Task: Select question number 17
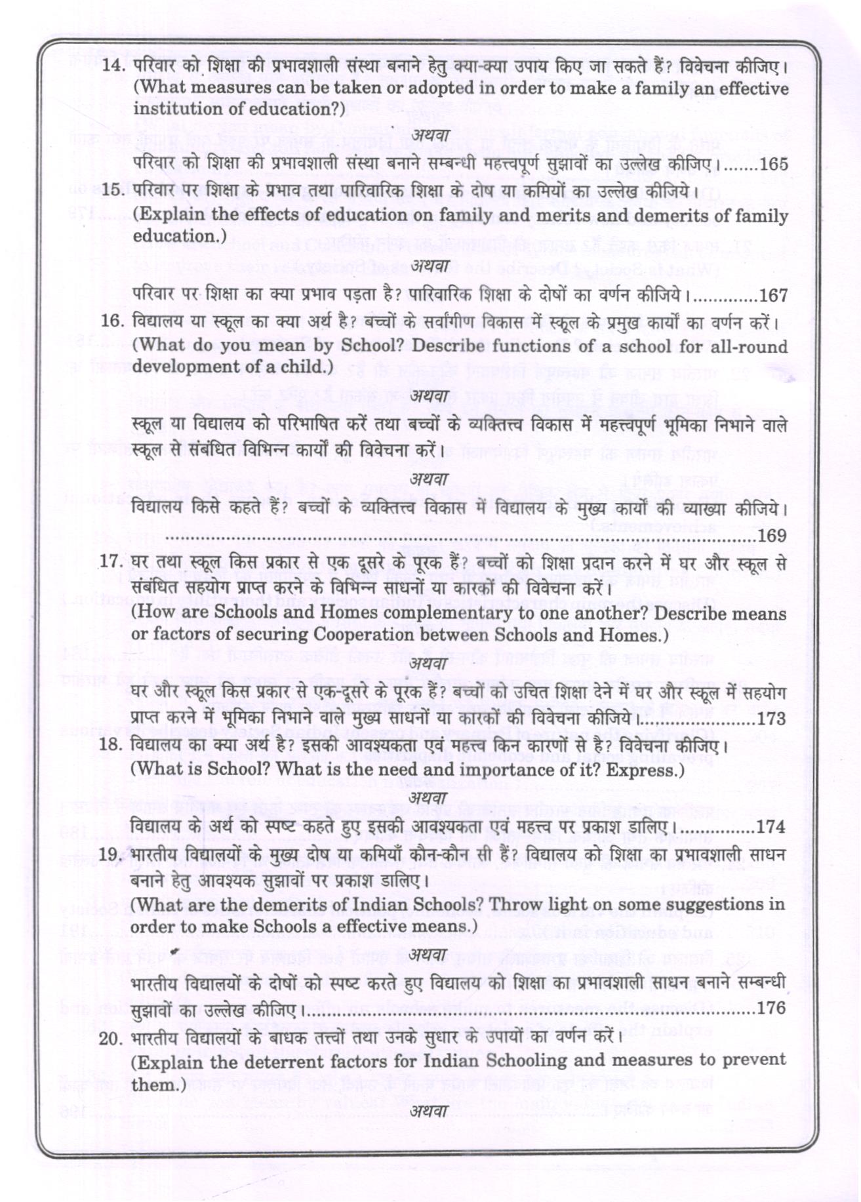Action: point(112,563)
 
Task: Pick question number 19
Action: point(112,855)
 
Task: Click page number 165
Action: point(774,164)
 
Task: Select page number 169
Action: point(772,536)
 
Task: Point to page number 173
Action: point(771,719)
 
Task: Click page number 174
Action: point(771,827)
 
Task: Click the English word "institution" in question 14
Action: point(173,109)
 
